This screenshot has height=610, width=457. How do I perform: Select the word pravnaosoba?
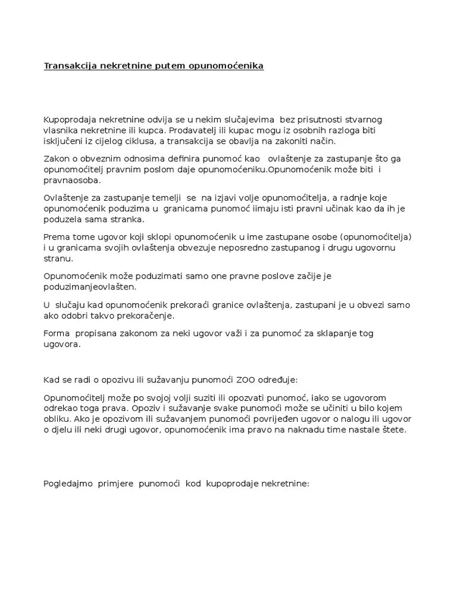73,180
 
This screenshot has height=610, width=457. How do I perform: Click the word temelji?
167,198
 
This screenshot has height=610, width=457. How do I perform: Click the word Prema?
57,236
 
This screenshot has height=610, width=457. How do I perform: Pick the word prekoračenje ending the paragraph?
164,315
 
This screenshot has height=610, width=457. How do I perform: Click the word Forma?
57,333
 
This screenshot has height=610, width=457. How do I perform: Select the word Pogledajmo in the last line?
67,483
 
